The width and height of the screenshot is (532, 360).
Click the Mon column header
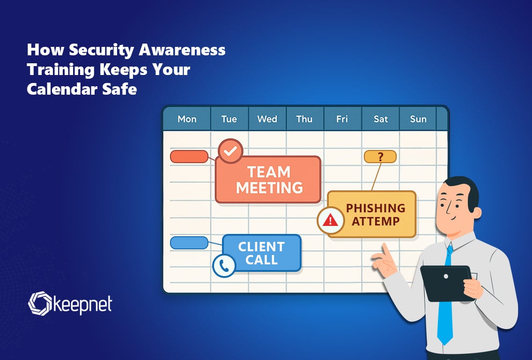[187, 119]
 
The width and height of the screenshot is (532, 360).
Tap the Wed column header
[267, 119]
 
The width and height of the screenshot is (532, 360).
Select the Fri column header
[342, 119]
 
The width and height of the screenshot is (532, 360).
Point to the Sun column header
[418, 119]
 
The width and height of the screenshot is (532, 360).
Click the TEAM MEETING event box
[268, 180]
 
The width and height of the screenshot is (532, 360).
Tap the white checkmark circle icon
[230, 151]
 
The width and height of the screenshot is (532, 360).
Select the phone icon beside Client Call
[224, 266]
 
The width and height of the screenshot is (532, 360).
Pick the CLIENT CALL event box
[262, 253]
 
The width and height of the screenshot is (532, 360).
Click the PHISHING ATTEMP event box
[371, 214]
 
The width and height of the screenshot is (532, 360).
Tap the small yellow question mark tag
[380, 157]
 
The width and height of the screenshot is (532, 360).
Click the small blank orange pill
[189, 157]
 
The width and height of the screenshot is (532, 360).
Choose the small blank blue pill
[189, 243]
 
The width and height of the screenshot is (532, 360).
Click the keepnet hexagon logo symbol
[40, 304]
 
